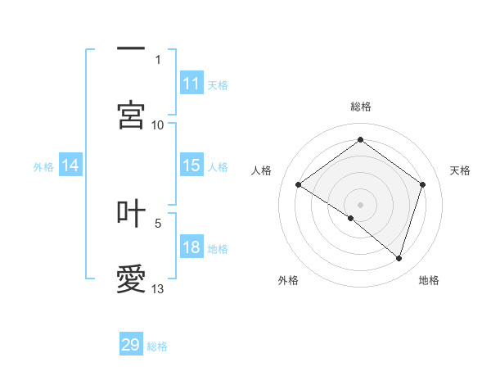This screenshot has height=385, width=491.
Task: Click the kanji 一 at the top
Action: click(131, 50)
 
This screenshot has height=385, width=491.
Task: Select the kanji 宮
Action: click(131, 115)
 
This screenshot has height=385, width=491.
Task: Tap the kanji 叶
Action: click(131, 213)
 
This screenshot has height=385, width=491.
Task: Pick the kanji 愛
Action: click(131, 279)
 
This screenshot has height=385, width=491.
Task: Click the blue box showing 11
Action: click(191, 84)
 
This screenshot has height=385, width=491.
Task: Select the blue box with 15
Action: click(191, 165)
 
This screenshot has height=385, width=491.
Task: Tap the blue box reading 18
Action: click(191, 247)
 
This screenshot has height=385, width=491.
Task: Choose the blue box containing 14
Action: click(71, 165)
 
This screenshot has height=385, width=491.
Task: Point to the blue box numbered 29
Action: click(131, 345)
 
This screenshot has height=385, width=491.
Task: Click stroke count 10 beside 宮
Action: click(158, 125)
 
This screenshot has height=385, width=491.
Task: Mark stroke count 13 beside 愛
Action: click(158, 288)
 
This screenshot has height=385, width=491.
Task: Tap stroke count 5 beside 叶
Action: click(158, 222)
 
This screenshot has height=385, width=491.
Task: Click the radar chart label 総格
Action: click(361, 106)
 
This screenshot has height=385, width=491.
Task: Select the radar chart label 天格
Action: click(460, 170)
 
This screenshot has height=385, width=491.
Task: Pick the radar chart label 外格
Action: click(288, 280)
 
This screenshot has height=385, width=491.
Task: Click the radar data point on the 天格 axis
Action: click(422, 184)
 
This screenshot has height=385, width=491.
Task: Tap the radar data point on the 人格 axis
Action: click(299, 184)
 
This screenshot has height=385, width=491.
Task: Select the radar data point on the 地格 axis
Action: click(399, 258)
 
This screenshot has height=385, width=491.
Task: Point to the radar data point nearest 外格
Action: click(351, 218)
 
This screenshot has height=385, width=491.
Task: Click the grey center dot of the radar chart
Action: click(361, 204)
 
